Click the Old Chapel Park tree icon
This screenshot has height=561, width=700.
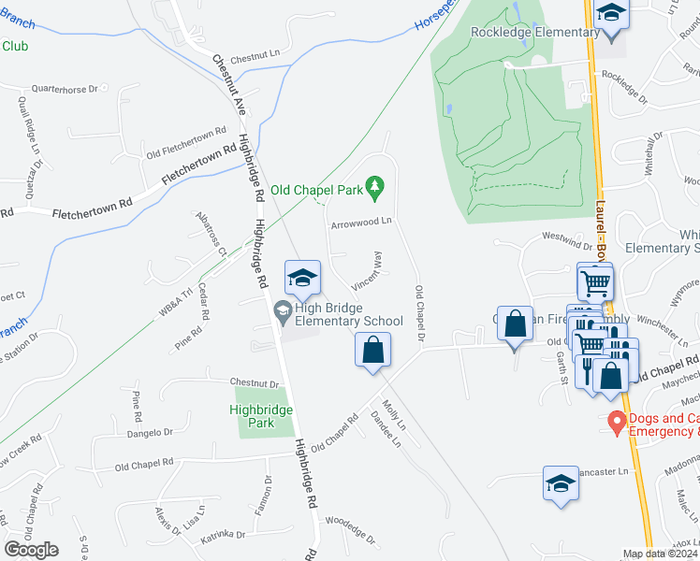point(375,190)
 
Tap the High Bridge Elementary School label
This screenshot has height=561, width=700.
point(348,314)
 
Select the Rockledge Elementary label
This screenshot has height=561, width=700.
point(534,33)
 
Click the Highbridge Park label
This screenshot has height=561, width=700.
point(263,416)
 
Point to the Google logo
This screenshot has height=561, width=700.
point(31,549)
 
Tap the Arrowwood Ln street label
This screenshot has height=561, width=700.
point(359,223)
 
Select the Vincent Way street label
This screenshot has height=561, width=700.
point(367,269)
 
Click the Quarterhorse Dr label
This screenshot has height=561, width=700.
point(65,90)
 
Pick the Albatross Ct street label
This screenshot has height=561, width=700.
point(210,239)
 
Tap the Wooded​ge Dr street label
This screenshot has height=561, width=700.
point(349,531)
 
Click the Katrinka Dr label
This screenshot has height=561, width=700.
point(222,536)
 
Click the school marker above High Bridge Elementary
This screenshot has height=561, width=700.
point(302,279)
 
